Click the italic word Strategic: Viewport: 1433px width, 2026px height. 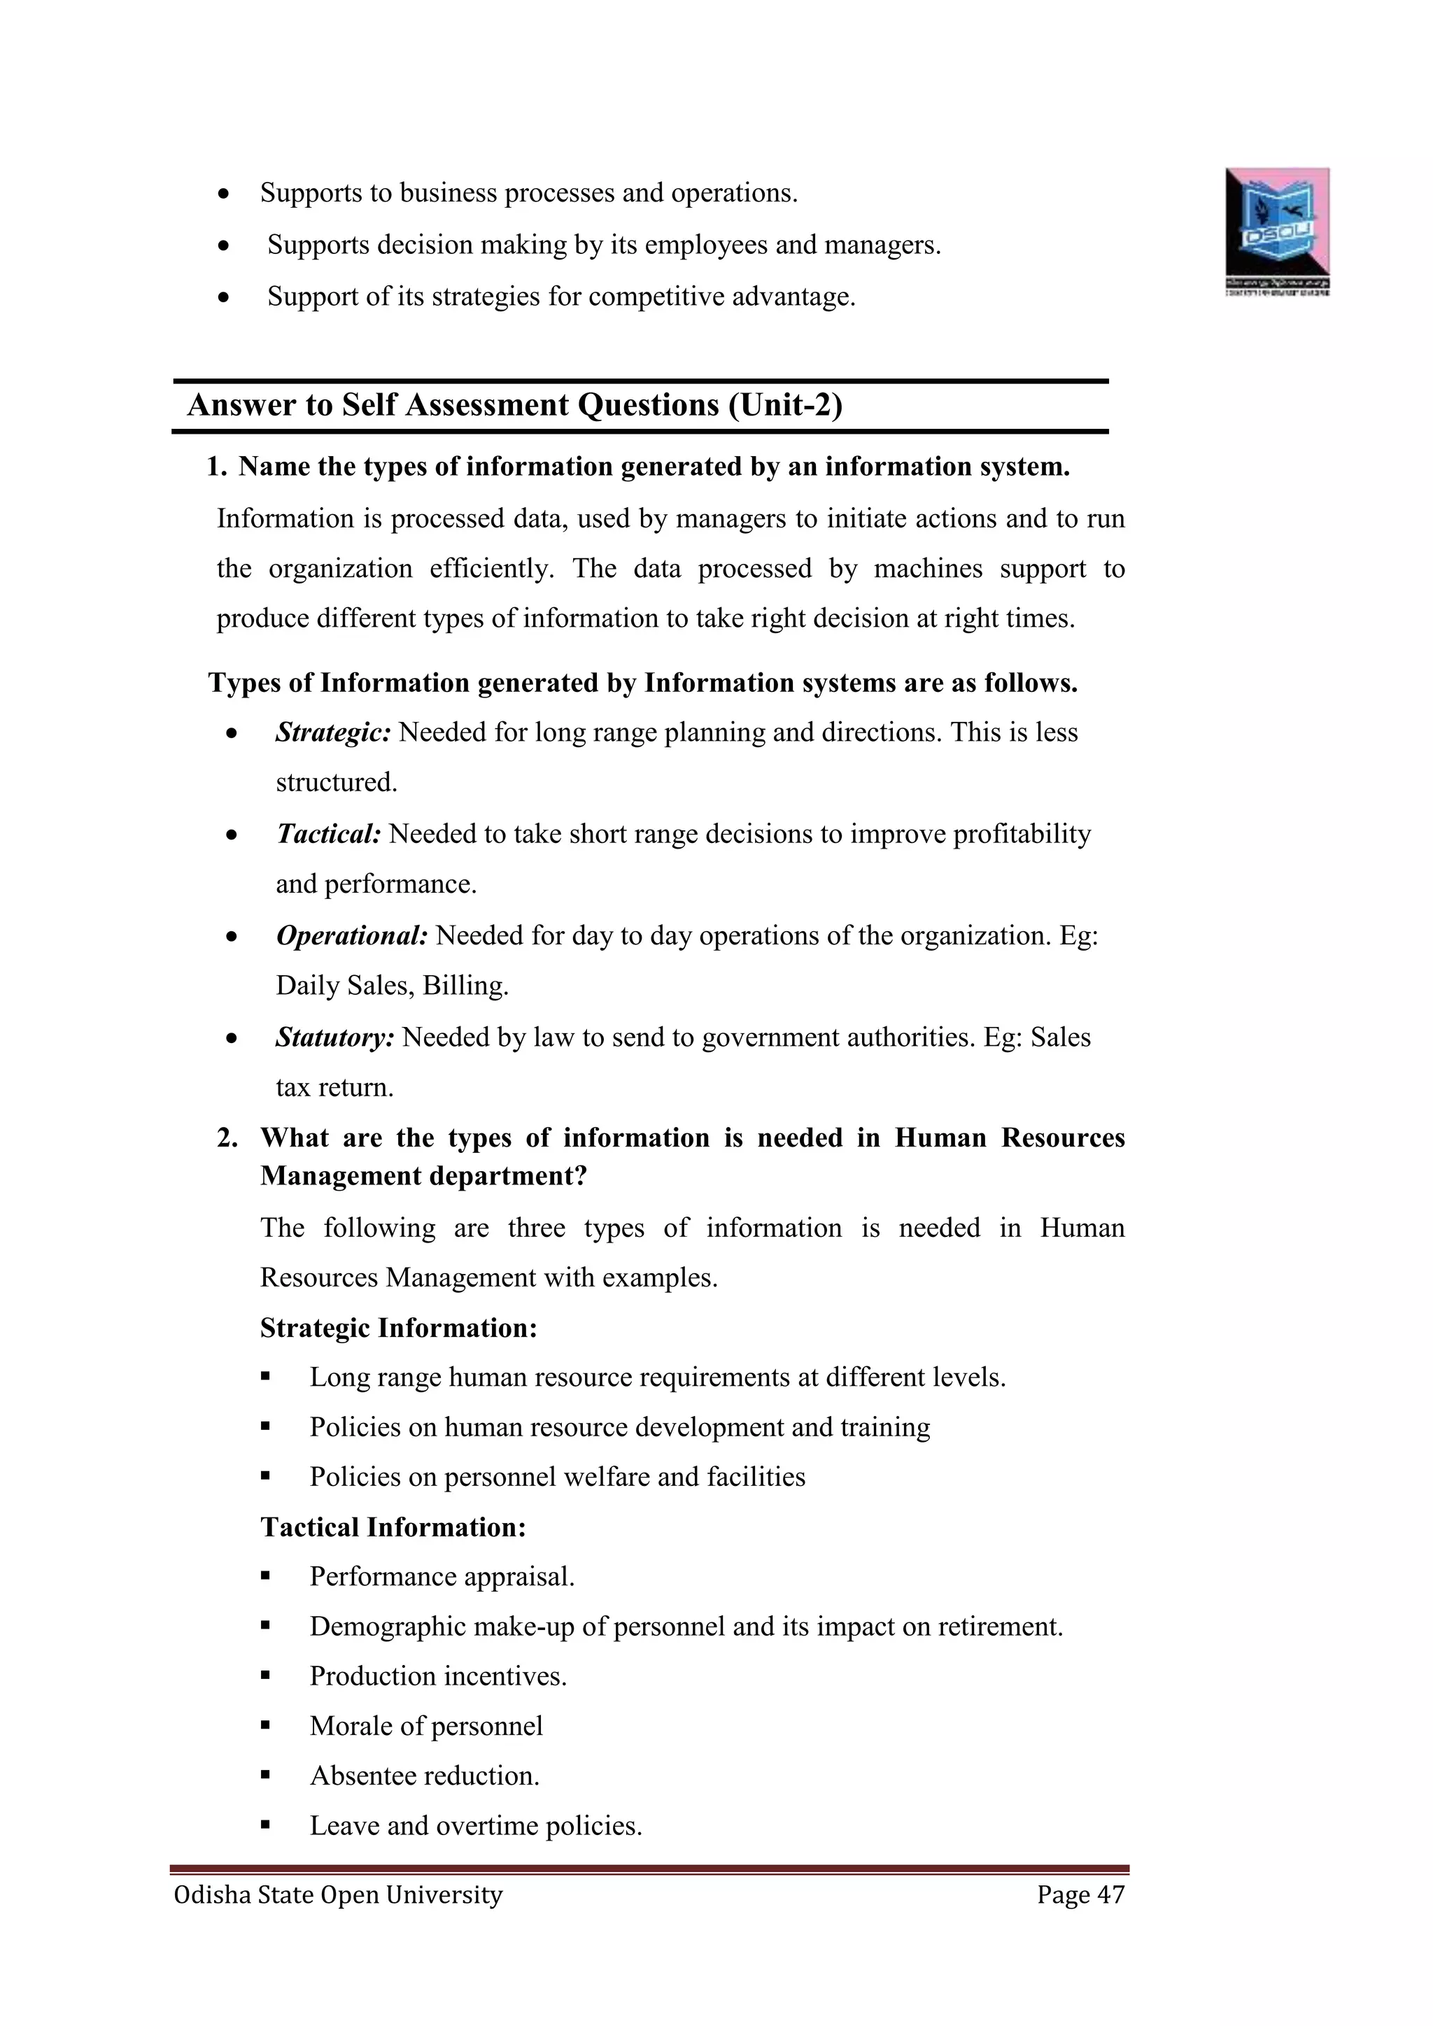click(x=332, y=732)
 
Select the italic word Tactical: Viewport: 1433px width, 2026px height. click(x=328, y=834)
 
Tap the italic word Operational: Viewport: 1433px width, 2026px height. click(x=351, y=935)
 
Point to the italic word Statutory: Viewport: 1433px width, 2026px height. click(x=334, y=1037)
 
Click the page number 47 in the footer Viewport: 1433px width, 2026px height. click(x=1110, y=1894)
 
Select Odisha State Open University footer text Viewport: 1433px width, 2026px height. click(x=338, y=1894)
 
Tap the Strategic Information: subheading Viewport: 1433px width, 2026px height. click(x=398, y=1327)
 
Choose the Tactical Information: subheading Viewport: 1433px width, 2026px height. click(x=393, y=1526)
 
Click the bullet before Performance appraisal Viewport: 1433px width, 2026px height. click(x=264, y=1577)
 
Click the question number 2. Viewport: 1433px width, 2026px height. click(x=227, y=1138)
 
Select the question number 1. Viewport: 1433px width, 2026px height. click(x=216, y=467)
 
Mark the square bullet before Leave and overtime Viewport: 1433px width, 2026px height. click(x=264, y=1826)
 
